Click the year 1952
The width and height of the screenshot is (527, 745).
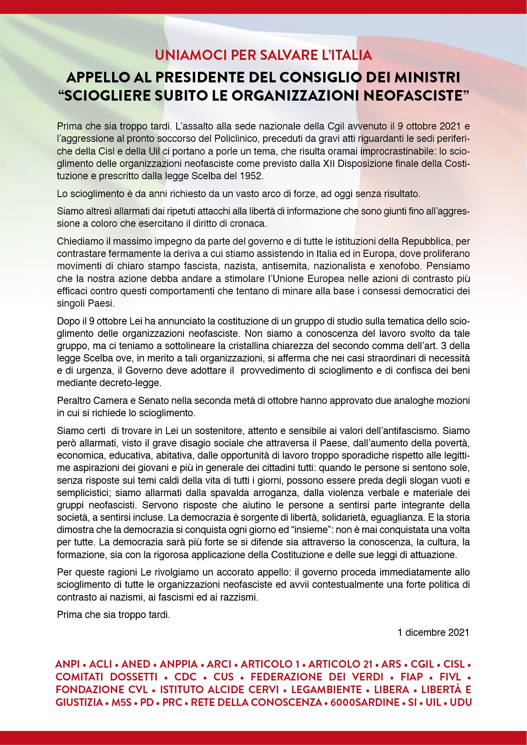click(x=251, y=176)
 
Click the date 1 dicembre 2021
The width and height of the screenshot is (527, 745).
click(x=433, y=632)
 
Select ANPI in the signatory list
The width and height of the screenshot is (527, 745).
click(x=68, y=664)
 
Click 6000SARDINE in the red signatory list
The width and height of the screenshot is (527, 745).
click(x=365, y=703)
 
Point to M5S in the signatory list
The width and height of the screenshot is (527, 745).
click(x=122, y=703)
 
